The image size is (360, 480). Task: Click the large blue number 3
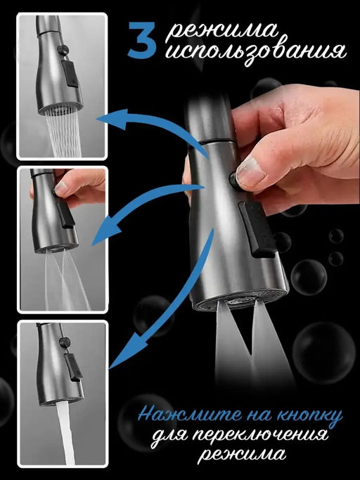[x=142, y=40]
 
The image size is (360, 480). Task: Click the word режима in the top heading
[x=221, y=31]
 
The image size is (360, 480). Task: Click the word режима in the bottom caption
[x=242, y=455]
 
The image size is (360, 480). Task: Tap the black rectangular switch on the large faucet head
[x=256, y=229]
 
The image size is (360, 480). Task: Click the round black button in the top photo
[x=63, y=50]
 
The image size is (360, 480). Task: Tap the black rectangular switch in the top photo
[x=70, y=74]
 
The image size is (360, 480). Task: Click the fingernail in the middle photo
[x=62, y=188]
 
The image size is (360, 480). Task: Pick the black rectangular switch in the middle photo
[x=65, y=215]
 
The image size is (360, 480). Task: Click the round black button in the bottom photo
[x=65, y=342]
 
